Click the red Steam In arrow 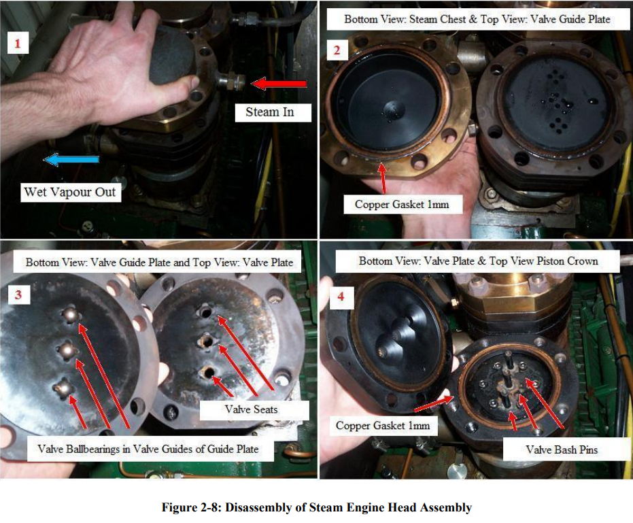279,84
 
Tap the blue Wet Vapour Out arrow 71,160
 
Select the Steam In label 273,112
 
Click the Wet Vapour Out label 70,192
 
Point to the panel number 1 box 18,43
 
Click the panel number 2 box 337,50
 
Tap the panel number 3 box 18,294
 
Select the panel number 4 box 341,297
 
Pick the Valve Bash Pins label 561,450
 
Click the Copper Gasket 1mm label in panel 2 402,204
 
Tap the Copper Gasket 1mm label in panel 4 383,426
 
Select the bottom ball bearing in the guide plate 63,389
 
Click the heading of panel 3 159,263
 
